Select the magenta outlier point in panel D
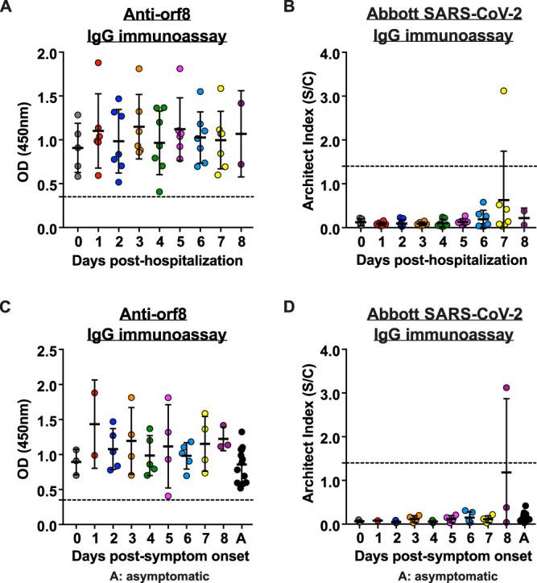point(506,388)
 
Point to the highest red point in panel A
point(98,63)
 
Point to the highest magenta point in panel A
point(180,68)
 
